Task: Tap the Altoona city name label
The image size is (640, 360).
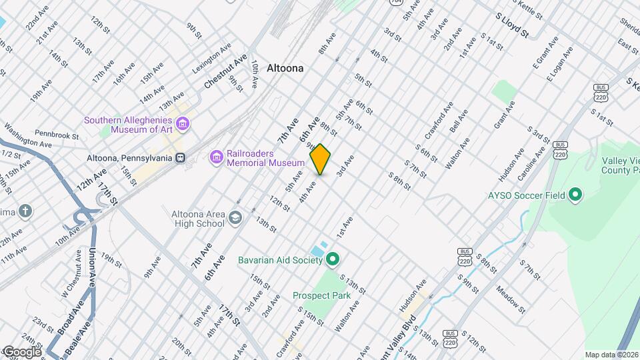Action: click(x=285, y=68)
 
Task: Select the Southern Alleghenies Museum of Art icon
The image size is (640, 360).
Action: click(x=182, y=124)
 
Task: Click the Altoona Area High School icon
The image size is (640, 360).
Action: click(x=235, y=218)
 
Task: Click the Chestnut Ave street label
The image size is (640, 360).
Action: click(x=226, y=71)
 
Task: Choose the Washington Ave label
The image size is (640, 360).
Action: click(x=28, y=135)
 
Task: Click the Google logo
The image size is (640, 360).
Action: click(x=21, y=351)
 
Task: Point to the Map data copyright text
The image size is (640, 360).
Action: click(x=611, y=355)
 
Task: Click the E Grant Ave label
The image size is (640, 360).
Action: click(x=545, y=53)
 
